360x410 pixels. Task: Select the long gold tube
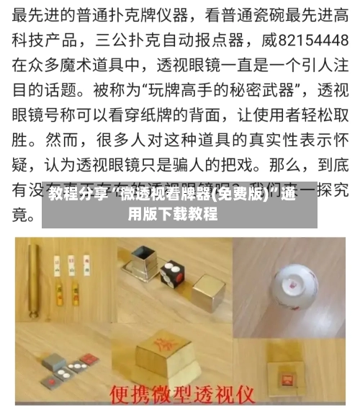coord(32,278)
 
